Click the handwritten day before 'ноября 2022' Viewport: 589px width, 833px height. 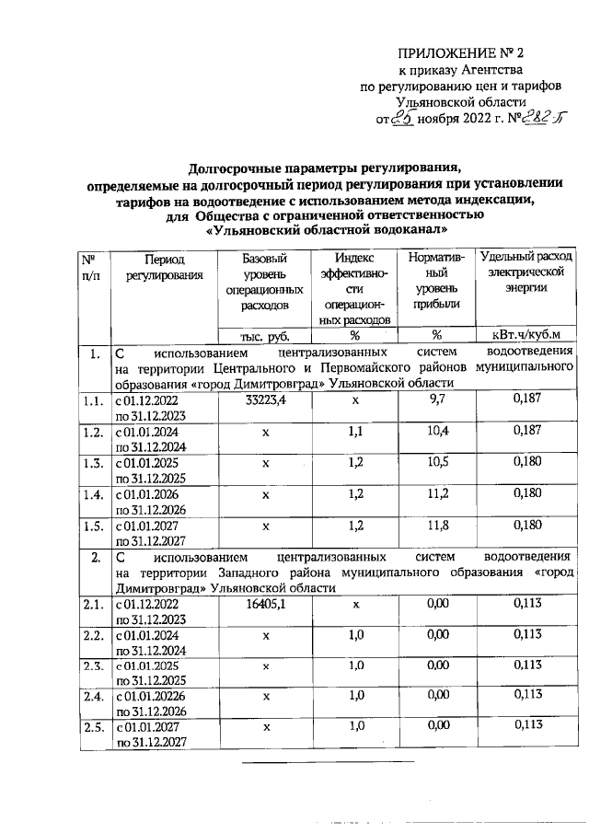[402, 118]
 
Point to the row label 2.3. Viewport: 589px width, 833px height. [90, 665]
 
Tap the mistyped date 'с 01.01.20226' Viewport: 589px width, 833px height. [153, 697]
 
